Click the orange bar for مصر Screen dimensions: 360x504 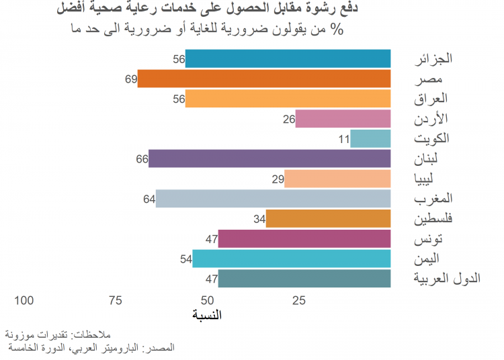click(264, 79)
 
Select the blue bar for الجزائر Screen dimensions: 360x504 click(288, 59)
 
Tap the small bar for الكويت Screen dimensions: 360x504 click(370, 139)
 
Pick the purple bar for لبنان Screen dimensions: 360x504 click(269, 159)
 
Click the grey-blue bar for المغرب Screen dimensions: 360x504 click(273, 199)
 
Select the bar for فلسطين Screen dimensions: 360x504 click(328, 219)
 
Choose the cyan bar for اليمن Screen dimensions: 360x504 click(291, 259)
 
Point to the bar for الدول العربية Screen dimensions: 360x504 click(304, 279)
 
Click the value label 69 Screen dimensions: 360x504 click(130, 79)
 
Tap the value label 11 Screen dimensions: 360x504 click(343, 139)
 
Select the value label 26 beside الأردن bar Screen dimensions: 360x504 click(289, 120)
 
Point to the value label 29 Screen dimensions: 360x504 click(278, 179)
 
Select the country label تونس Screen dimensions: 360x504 click(437, 239)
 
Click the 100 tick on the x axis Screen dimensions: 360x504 click(24, 300)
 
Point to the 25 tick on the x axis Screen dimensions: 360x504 click(299, 300)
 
